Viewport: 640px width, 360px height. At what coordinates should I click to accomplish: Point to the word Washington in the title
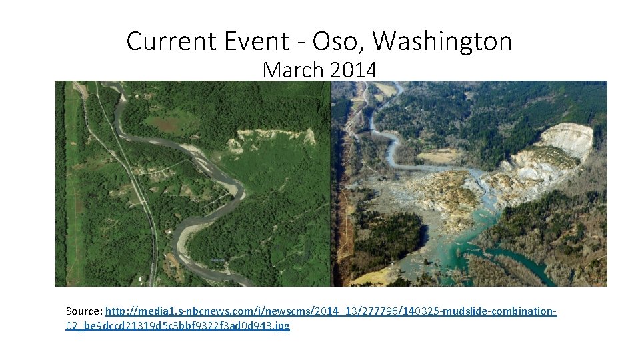pyautogui.click(x=442, y=41)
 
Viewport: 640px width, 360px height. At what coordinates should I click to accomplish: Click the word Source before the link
pyautogui.click(x=83, y=311)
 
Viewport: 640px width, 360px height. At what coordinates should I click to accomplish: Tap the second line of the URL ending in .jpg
pyautogui.click(x=177, y=326)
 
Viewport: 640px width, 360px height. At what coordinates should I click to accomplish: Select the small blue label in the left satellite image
pyautogui.click(x=217, y=260)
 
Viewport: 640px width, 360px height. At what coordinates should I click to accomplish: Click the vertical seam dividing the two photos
pyautogui.click(x=331, y=183)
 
